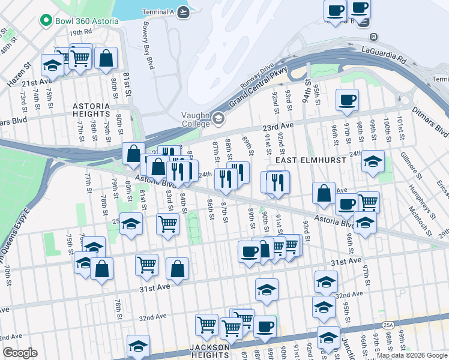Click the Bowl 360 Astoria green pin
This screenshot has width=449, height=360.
coord(45,21)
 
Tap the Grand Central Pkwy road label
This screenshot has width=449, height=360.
coord(258,87)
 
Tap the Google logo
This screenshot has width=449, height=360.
coord(20,353)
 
